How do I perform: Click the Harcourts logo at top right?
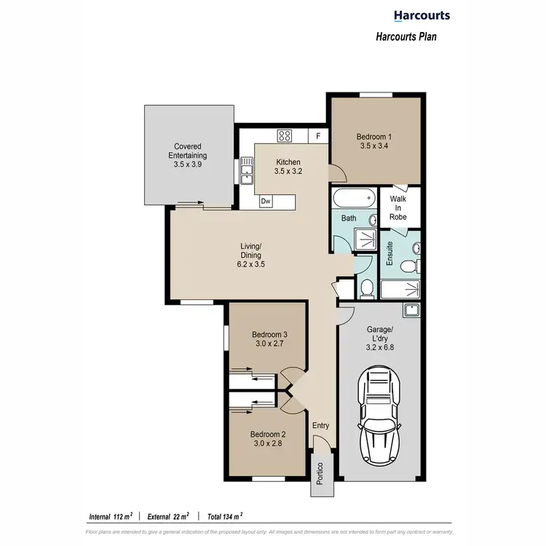tap(422, 15)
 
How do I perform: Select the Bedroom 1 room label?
tap(374, 141)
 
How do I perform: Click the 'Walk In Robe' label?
tap(397, 207)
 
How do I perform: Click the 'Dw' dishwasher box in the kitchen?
tap(266, 200)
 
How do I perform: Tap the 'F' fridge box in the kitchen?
tap(318, 135)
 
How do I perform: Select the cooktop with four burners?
tap(284, 135)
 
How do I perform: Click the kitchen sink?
tap(247, 173)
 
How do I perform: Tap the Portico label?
tap(320, 476)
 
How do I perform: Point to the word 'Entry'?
tap(320, 426)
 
